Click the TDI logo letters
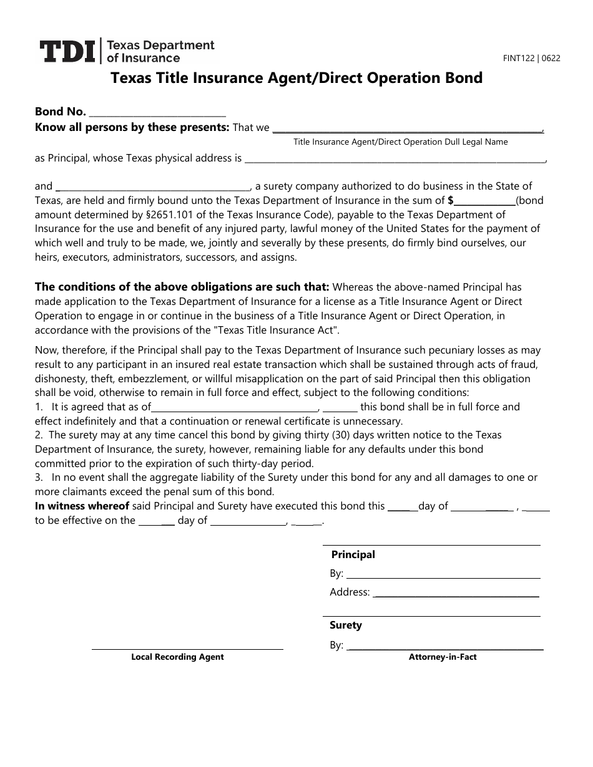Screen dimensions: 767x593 (x=67, y=51)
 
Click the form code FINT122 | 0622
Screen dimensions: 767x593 (x=532, y=58)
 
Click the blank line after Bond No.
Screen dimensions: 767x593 (x=157, y=115)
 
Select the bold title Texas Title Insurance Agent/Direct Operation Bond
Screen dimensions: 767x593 (x=296, y=78)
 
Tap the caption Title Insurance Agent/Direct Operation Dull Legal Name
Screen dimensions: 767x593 (x=400, y=142)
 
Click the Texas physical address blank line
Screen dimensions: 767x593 (x=395, y=161)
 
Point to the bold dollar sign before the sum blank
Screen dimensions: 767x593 (x=451, y=200)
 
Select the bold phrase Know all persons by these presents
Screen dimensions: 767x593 (x=132, y=127)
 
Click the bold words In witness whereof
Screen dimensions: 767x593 (x=82, y=506)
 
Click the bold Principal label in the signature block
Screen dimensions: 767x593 (x=353, y=554)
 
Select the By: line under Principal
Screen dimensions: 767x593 (x=442, y=576)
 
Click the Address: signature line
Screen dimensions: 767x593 (x=455, y=595)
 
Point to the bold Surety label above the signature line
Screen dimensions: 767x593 (x=346, y=625)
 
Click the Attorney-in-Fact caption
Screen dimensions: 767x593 (x=443, y=657)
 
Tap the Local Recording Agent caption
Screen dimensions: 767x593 (x=177, y=657)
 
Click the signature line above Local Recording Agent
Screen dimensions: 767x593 (x=187, y=649)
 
